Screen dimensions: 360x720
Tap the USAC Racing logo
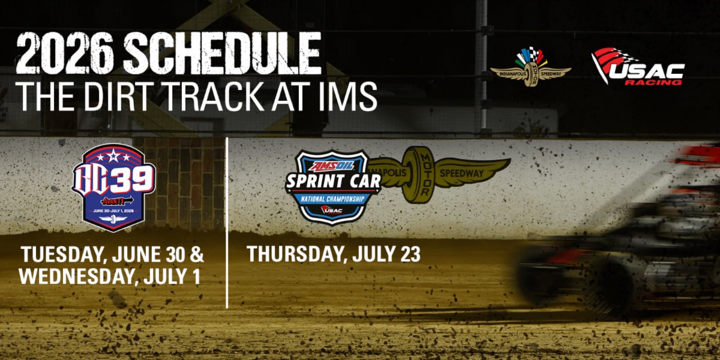(x=638, y=67)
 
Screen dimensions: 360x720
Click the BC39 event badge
(x=113, y=187)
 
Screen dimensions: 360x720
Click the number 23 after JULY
(x=409, y=254)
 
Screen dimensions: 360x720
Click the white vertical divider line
(x=227, y=222)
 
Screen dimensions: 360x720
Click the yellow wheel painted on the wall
(x=418, y=174)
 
